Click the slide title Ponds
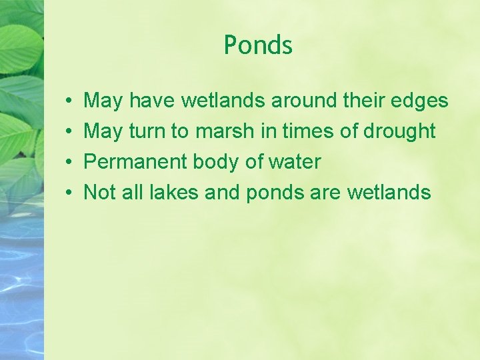coord(258,45)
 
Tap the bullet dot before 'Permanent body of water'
coord(69,162)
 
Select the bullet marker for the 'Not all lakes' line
coord(69,193)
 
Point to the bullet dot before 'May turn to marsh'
coord(69,131)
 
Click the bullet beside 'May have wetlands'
coord(69,101)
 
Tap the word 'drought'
coord(399,131)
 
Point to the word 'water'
coord(295,162)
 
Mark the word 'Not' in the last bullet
coord(100,193)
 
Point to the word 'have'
coord(151,101)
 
